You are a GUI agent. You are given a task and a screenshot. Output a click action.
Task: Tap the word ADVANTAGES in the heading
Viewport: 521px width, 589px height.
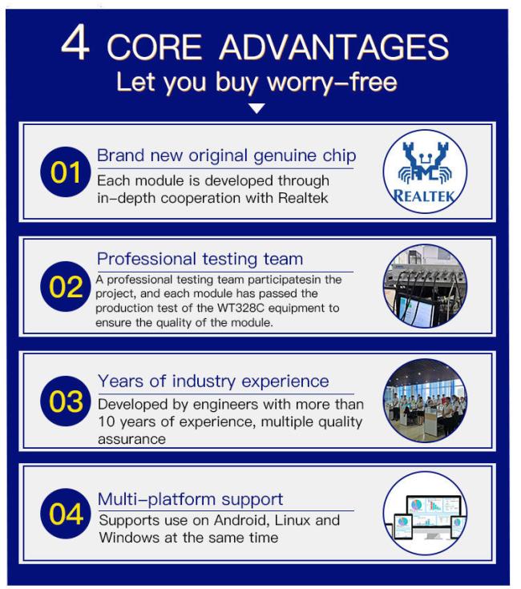click(334, 47)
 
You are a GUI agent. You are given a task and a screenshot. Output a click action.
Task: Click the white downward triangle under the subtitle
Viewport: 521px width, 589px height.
click(257, 108)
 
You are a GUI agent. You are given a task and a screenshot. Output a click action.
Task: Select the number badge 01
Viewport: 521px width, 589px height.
click(66, 172)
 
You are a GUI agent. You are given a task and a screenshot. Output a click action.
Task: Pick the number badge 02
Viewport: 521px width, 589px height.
click(66, 287)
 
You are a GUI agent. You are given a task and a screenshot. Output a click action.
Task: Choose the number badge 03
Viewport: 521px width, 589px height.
click(66, 401)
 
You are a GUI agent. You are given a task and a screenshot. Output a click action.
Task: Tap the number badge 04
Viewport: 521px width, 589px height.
click(66, 514)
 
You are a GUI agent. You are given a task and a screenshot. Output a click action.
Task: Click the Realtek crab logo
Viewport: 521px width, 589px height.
click(425, 171)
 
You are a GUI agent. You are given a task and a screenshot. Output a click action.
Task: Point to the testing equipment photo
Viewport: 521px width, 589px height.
click(425, 286)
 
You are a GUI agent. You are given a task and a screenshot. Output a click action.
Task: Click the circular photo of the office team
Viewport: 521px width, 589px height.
click(425, 401)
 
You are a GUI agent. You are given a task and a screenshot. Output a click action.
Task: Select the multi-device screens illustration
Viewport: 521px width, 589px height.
click(425, 513)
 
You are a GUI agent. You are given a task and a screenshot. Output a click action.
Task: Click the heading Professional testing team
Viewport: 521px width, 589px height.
click(200, 259)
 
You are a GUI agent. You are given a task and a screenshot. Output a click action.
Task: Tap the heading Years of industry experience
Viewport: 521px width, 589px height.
click(213, 381)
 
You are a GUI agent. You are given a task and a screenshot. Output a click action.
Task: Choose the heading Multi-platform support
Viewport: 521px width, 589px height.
click(190, 499)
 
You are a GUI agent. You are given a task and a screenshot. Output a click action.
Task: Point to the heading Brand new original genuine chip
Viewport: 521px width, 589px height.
click(227, 156)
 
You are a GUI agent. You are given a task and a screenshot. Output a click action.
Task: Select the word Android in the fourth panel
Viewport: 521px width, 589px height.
click(241, 520)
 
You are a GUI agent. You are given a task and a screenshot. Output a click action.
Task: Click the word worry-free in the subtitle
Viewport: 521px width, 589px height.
click(332, 82)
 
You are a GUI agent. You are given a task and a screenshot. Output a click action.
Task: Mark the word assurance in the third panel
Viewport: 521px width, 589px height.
click(131, 439)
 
